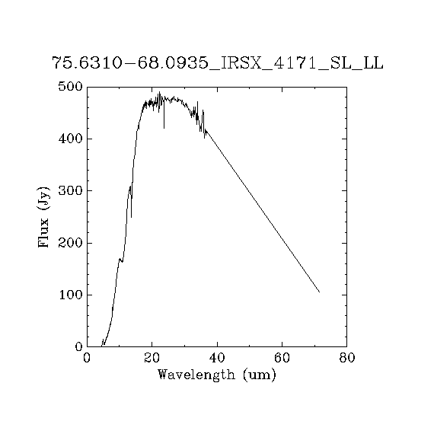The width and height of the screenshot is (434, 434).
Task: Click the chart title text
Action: click(x=218, y=63)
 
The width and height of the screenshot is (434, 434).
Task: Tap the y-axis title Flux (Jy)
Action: click(x=43, y=217)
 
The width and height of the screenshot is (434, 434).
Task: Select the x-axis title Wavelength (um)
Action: click(x=217, y=375)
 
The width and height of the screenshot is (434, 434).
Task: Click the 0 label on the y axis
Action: click(x=79, y=346)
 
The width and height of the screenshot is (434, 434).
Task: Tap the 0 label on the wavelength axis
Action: click(x=87, y=358)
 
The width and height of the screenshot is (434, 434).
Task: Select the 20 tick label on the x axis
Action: click(x=152, y=358)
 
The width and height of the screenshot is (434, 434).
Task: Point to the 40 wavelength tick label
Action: click(x=217, y=358)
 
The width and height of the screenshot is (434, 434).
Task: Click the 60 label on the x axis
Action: click(x=282, y=358)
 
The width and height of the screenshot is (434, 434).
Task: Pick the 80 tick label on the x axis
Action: click(x=346, y=358)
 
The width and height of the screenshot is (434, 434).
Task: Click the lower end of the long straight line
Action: click(x=320, y=292)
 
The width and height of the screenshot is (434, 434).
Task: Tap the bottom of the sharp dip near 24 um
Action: click(x=164, y=128)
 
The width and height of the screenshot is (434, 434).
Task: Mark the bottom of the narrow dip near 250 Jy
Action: click(x=131, y=217)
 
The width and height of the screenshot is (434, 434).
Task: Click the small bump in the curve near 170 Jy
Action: click(x=120, y=260)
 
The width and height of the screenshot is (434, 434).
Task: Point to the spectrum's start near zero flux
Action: click(x=101, y=346)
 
